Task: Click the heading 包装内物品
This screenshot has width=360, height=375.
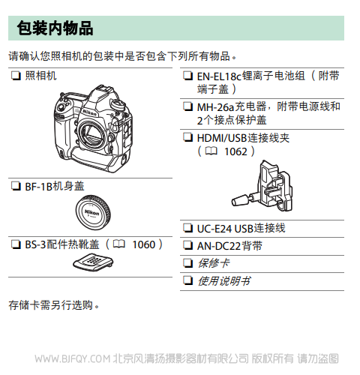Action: pyautogui.click(x=55, y=28)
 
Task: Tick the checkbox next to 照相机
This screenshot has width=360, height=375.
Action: pyautogui.click(x=16, y=76)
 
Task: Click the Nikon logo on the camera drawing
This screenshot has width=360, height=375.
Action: pyautogui.click(x=89, y=112)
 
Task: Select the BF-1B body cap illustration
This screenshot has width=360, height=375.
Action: pyautogui.click(x=93, y=212)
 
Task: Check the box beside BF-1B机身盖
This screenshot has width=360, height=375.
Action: pyautogui.click(x=16, y=187)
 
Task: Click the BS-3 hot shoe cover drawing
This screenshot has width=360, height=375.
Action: pyautogui.click(x=93, y=262)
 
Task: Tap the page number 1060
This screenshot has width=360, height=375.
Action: pyautogui.click(x=144, y=244)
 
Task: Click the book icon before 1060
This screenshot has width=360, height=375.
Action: pyautogui.click(x=119, y=244)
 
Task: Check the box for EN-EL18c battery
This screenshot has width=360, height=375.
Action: pyautogui.click(x=187, y=76)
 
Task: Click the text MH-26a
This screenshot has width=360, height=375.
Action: pyautogui.click(x=215, y=107)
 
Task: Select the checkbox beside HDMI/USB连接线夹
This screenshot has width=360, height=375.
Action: pyautogui.click(x=187, y=137)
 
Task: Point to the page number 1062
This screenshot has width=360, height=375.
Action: pyautogui.click(x=235, y=151)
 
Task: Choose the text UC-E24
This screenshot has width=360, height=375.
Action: pyautogui.click(x=214, y=229)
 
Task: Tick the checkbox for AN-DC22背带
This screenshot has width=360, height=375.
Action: pyautogui.click(x=187, y=246)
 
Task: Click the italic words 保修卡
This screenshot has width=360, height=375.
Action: pyautogui.click(x=214, y=263)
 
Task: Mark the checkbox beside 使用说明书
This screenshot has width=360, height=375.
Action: pyautogui.click(x=187, y=281)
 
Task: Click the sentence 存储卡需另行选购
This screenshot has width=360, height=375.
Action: pyautogui.click(x=54, y=305)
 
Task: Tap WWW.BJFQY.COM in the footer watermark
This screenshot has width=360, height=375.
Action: pyautogui.click(x=73, y=359)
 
